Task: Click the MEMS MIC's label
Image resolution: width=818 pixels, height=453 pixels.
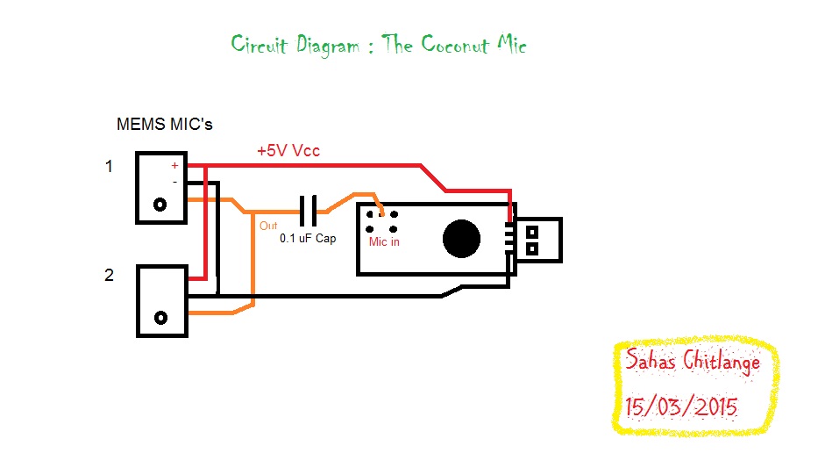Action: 165,125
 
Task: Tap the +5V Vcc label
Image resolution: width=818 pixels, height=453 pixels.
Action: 288,151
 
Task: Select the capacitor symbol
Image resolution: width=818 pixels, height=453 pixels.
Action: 308,211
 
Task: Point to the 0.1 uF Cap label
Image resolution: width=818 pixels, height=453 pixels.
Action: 308,238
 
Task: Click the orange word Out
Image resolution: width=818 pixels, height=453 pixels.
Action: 268,226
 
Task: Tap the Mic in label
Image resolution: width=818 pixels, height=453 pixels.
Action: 384,241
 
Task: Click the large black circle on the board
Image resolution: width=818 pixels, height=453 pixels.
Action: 462,239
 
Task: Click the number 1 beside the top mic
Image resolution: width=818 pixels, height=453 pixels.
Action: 109,166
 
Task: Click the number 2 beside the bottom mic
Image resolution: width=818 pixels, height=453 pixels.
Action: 109,275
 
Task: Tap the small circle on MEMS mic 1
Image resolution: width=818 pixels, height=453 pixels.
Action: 160,205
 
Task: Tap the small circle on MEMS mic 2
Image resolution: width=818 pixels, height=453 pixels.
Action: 160,317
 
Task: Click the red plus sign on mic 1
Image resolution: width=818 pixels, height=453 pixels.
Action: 174,165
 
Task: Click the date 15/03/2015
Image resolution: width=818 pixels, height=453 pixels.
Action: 681,407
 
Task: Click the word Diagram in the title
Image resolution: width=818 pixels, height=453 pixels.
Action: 325,45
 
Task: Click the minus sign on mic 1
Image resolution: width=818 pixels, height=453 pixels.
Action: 174,181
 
